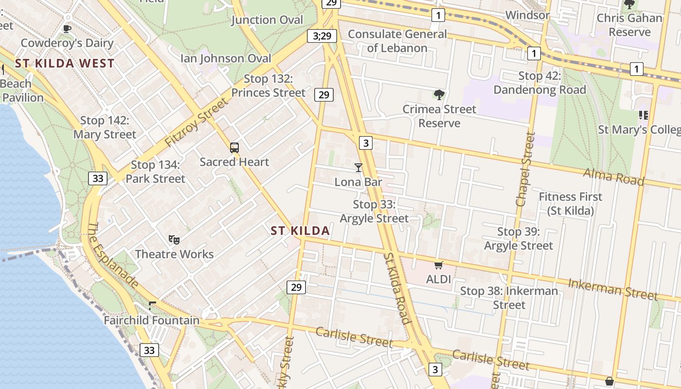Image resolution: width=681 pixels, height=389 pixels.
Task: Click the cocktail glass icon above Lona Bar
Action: coord(358,168)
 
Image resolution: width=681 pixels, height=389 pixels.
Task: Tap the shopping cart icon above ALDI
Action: coord(439,265)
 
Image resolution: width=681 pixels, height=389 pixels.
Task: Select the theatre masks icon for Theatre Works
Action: coord(174,239)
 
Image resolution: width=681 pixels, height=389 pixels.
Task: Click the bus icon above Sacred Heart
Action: coord(234,147)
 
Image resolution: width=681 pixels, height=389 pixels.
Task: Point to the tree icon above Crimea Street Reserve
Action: coord(439,94)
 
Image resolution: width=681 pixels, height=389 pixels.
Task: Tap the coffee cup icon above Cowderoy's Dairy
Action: coord(67,29)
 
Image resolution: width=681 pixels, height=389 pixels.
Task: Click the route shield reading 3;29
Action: coord(322,35)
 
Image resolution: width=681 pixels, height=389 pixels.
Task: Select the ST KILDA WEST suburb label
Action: coord(65,63)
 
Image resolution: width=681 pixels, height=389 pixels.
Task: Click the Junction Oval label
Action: coord(267,20)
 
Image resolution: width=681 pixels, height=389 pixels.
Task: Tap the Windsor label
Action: coord(528,15)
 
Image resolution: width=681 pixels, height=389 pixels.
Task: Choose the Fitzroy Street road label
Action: coord(196,123)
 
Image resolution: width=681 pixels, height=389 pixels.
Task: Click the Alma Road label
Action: coord(613,177)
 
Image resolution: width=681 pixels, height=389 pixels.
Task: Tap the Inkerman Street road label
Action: coord(612,289)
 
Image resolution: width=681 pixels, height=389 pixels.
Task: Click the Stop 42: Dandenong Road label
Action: coord(539,83)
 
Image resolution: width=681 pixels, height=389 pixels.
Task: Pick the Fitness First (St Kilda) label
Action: coord(571,204)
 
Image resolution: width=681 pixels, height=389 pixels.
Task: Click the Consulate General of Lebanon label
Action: coord(397,41)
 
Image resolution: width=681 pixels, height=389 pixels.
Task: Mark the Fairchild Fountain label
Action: coord(152,320)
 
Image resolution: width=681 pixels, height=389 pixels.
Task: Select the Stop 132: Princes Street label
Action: coord(269,86)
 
